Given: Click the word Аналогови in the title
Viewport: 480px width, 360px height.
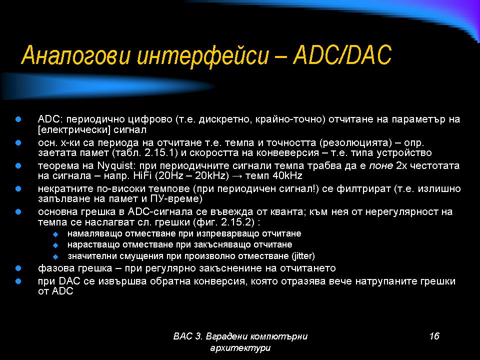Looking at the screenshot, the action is [x=76, y=55].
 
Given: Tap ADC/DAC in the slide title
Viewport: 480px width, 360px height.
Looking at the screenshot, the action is [x=342, y=55].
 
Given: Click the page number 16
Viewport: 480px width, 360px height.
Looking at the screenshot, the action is [x=434, y=336].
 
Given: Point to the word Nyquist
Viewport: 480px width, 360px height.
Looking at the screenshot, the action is [x=115, y=166].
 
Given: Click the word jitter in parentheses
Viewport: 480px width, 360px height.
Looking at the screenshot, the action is [x=303, y=255].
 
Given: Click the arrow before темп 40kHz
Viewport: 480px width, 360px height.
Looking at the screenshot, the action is [x=237, y=176].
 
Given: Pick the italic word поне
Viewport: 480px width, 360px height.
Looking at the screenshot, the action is [x=381, y=166].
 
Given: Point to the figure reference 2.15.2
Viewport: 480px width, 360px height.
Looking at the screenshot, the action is [x=237, y=222].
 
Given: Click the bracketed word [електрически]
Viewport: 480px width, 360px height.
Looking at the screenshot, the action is [x=74, y=130].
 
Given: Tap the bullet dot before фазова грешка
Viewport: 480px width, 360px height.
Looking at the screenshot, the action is [x=18, y=268].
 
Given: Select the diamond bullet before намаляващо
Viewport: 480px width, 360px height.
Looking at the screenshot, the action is [x=55, y=234].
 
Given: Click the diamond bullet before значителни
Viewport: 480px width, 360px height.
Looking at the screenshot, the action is [x=55, y=256].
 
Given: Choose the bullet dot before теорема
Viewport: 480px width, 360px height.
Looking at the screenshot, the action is [x=18, y=166].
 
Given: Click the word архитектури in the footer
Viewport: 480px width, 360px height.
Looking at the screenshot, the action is [x=240, y=348].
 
